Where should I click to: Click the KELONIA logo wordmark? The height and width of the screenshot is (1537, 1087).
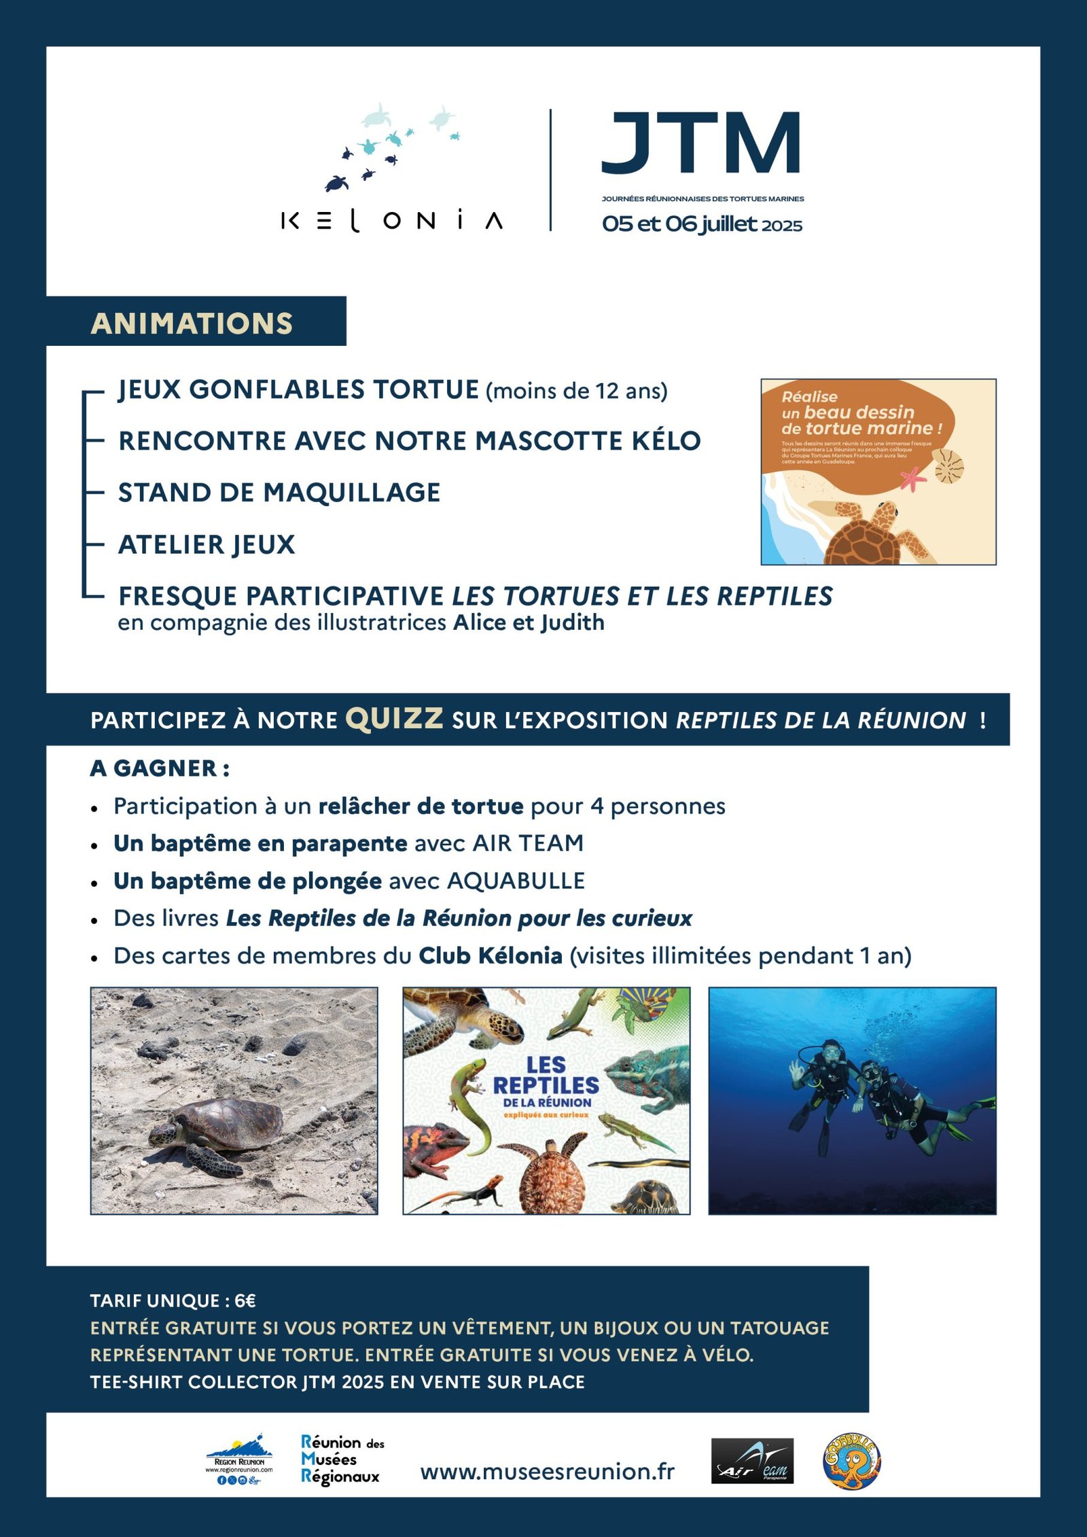(392, 221)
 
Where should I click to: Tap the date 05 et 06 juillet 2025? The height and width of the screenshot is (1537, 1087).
(702, 224)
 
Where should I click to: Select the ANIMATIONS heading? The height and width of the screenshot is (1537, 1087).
(192, 323)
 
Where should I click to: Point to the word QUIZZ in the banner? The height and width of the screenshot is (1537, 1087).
(394, 718)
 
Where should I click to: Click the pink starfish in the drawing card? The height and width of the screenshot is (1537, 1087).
(913, 478)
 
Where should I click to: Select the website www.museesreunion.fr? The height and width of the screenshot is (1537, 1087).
(548, 1471)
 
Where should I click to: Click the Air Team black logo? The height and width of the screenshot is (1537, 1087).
(752, 1461)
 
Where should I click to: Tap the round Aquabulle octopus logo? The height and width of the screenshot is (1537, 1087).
(851, 1462)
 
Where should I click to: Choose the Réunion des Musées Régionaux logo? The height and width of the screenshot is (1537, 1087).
(342, 1460)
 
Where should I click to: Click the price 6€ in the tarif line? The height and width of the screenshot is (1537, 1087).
(245, 1301)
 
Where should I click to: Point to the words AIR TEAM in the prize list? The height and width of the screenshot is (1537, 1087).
(528, 843)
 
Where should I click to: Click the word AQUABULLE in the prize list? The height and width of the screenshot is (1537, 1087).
(516, 881)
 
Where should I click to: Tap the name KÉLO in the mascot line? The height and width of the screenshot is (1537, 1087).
(666, 441)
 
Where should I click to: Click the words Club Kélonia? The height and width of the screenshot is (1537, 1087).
(490, 956)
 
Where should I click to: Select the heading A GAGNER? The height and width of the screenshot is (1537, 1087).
(160, 768)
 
